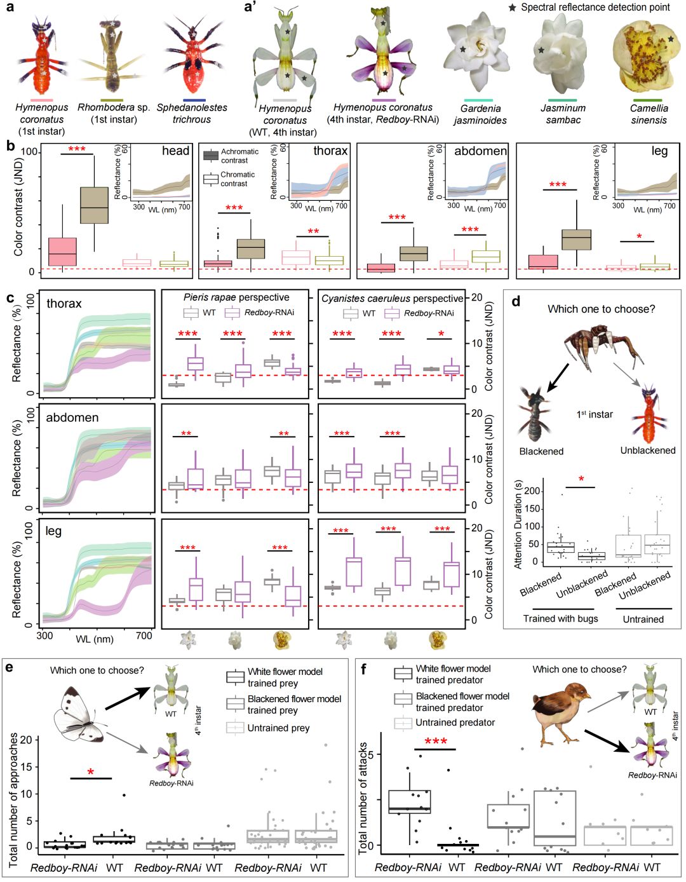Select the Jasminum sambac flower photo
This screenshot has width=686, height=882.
click(562, 56)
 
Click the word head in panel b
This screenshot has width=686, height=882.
click(175, 151)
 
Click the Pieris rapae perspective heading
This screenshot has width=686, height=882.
click(236, 297)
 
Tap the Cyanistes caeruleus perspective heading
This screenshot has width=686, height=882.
click(392, 298)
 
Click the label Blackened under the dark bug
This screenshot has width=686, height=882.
click(541, 451)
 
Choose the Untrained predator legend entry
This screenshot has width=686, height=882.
click(454, 723)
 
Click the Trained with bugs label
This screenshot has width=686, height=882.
click(560, 618)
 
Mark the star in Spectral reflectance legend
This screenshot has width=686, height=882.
click(513, 8)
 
